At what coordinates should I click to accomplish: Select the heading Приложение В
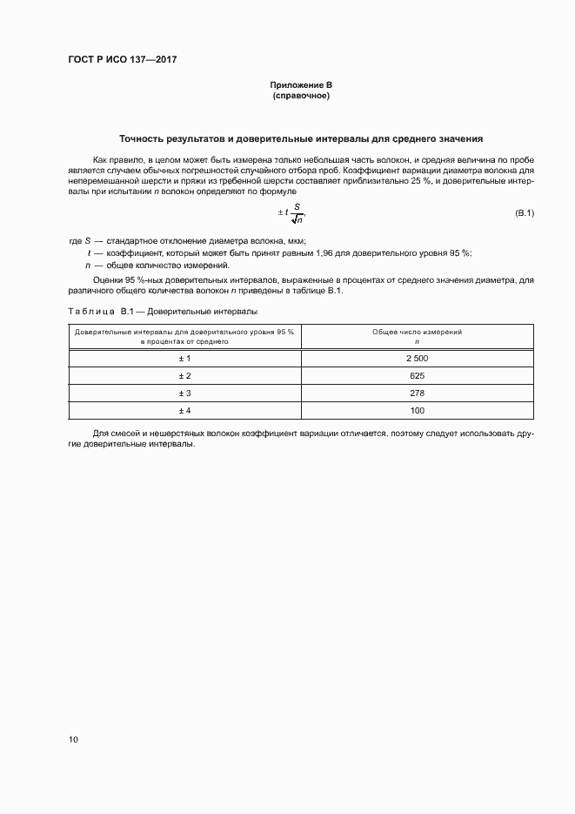[x=301, y=85]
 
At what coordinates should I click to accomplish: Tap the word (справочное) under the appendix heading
[x=301, y=96]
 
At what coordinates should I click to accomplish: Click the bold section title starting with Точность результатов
[x=301, y=138]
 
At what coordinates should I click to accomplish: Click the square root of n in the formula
[x=297, y=219]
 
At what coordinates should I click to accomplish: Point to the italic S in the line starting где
[x=88, y=241]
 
